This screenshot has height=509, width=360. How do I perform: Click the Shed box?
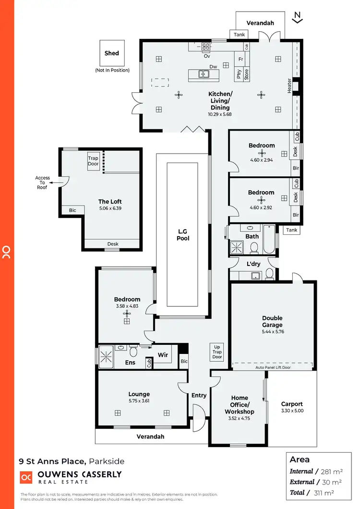pos(112,53)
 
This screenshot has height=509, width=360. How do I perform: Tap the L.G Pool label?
pos(182,234)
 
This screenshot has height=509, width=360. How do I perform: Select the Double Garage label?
pos(272,322)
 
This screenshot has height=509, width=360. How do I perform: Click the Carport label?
pos(292,404)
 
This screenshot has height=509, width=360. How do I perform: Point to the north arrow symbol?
pos(298,17)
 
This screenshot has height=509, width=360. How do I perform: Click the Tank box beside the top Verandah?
pos(239,35)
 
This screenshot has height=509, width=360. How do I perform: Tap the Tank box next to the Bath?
pos(291,230)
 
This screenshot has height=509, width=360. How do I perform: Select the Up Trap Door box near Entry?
pos(217,351)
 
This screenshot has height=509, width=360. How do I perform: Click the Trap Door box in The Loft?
pos(93,161)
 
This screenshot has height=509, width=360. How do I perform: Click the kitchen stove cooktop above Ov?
pos(206,47)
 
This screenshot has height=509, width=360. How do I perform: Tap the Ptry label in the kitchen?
pos(239,74)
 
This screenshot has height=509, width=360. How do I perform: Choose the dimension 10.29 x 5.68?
pos(220,114)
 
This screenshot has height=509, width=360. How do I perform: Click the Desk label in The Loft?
pos(113,244)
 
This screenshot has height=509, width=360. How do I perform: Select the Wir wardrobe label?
pos(162,355)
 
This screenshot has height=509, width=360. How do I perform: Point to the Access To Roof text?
pos(42,183)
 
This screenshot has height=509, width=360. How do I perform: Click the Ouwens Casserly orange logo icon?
pos(25,478)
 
